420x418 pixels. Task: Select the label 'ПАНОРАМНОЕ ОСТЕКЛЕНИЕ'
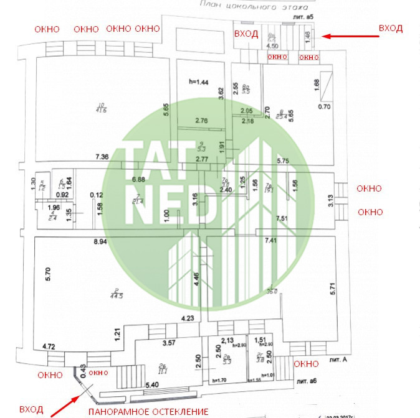(148, 412)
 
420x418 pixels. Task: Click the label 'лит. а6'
(310, 380)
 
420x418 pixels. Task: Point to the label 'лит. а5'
(301, 16)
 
